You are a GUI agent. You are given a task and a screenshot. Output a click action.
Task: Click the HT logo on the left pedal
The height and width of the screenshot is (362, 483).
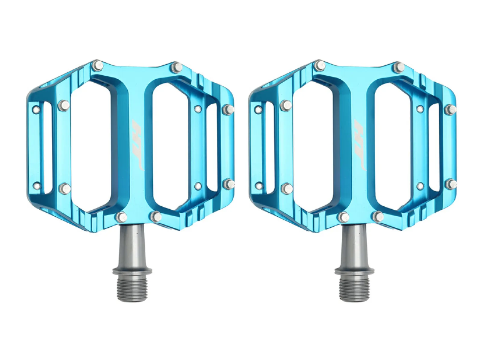pos(137,145)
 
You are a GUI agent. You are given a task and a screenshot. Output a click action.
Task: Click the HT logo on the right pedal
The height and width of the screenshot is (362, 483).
pos(359,145)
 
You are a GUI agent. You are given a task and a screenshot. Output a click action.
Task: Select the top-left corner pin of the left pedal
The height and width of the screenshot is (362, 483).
pos(98,65)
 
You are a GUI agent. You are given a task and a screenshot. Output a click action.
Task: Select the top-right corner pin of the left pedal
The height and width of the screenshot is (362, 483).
pos(178,66)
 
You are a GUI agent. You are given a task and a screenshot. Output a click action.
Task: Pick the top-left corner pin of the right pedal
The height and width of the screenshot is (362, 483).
pos(320,65)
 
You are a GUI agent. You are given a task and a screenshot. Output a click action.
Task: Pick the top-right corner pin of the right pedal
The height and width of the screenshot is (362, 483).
pos(399,68)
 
